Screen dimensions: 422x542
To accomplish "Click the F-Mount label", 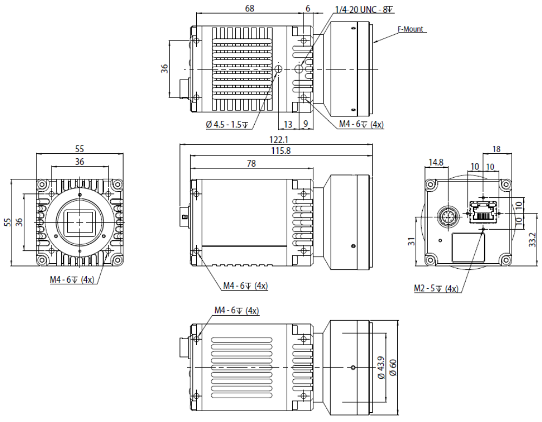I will point(410,29).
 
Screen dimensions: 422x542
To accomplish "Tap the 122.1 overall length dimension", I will point(275,140).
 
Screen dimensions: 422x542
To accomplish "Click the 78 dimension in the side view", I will point(251,164).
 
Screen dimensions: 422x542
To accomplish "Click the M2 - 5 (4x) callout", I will point(435,289).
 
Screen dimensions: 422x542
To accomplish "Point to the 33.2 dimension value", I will point(532,238).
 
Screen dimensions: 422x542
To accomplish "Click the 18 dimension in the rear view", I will point(496,149).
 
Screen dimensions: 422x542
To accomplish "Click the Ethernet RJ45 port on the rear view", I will point(483,211).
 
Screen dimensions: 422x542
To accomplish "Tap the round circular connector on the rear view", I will point(448,217).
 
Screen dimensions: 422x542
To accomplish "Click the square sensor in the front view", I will point(80,222).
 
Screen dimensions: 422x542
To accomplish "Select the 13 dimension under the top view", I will point(287,124).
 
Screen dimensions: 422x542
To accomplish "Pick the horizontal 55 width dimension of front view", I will point(80,148).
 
